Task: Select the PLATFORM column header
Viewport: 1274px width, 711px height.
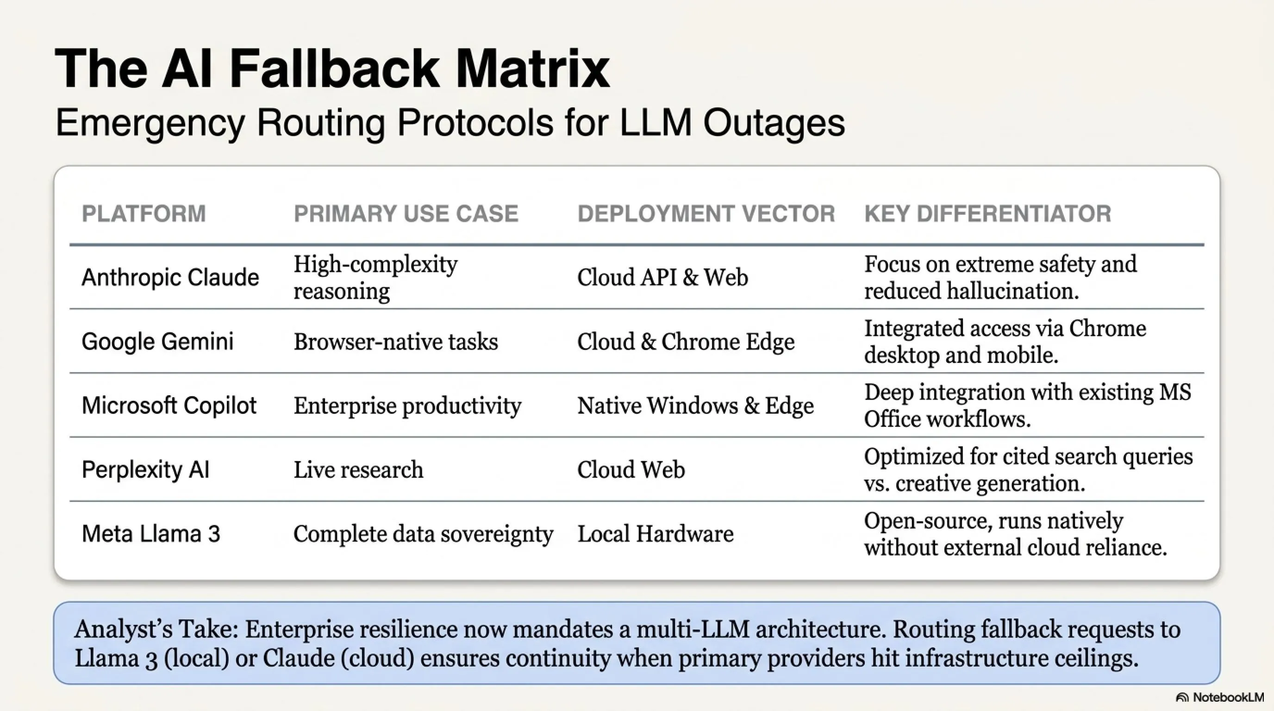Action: pos(144,213)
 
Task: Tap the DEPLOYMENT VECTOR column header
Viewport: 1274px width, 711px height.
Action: pos(706,213)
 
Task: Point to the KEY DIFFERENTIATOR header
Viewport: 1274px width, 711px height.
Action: pos(987,213)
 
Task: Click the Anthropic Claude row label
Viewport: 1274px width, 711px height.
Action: pos(170,277)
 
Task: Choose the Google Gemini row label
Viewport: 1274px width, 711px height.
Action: pos(157,342)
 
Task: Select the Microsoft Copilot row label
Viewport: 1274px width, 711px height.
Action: pos(169,405)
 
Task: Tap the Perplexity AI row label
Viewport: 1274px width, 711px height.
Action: pos(145,470)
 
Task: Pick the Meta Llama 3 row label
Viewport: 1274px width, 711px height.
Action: pos(151,534)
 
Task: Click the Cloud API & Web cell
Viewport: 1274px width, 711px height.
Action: pos(662,277)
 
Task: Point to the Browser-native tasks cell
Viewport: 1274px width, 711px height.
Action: pos(396,342)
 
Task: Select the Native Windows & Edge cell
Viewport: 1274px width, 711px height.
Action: pos(695,406)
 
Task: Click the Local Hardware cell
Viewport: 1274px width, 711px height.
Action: pos(656,534)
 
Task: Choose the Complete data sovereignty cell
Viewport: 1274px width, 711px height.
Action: pos(423,534)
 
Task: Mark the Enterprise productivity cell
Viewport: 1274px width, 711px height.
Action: pos(407,406)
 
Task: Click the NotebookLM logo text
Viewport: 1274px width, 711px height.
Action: pos(1228,697)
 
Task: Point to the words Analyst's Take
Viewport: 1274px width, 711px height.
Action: pos(156,630)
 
